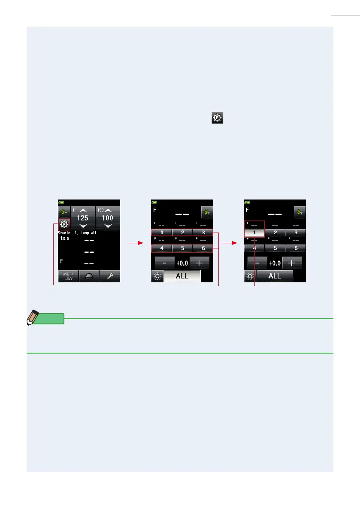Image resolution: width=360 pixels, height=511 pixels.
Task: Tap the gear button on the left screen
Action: click(x=64, y=224)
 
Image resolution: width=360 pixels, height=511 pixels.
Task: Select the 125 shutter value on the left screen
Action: click(x=82, y=218)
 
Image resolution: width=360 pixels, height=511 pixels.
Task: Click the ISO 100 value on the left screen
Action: click(x=107, y=218)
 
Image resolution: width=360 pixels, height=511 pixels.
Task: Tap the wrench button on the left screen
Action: click(x=109, y=276)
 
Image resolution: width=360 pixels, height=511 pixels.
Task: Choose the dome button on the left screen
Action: click(x=89, y=276)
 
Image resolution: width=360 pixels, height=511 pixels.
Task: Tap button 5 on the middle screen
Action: click(x=182, y=248)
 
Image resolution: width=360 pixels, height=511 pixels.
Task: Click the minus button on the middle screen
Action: click(x=164, y=263)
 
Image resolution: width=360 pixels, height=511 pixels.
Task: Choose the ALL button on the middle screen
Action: click(x=182, y=276)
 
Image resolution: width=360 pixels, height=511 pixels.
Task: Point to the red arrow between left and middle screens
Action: click(x=135, y=243)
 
